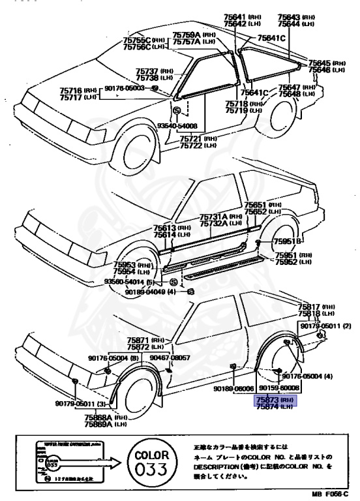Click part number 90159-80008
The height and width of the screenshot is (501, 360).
pyautogui.click(x=279, y=389)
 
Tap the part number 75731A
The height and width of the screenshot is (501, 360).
pyautogui.click(x=214, y=217)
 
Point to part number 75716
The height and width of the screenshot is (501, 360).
pyautogui.click(x=71, y=91)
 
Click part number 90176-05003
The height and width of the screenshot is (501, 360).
pyautogui.click(x=124, y=87)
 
